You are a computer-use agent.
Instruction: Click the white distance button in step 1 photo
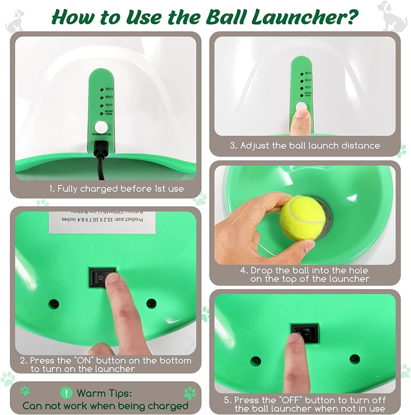pos(101,127)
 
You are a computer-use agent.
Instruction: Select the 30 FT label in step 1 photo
pos(109,89)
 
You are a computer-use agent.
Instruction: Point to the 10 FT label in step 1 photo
pos(109,105)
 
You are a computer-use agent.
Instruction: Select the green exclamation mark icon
pos(66,393)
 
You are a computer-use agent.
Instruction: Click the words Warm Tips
pos(104,393)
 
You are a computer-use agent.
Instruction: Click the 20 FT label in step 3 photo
pos(308,80)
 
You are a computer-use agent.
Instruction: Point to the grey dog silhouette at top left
pos(15,21)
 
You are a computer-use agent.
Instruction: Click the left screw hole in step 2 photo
pos(54,304)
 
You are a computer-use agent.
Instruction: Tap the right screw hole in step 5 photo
pos(354,359)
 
